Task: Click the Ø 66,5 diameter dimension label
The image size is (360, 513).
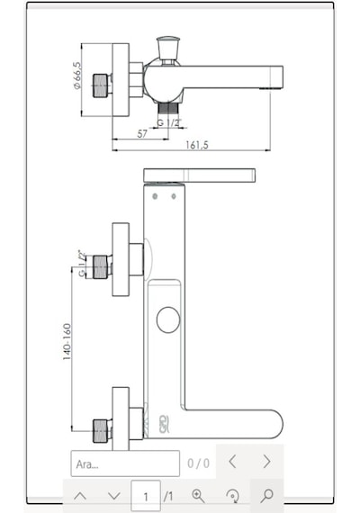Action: [77, 76]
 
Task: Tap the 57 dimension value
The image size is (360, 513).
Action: [142, 134]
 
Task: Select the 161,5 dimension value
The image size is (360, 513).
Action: [197, 145]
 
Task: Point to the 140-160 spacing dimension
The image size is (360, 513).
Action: [67, 342]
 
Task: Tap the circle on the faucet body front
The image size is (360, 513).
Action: [168, 319]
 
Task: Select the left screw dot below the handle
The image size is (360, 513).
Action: [155, 196]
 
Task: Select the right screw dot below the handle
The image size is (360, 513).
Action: [174, 196]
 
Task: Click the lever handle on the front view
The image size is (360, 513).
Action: [199, 175]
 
